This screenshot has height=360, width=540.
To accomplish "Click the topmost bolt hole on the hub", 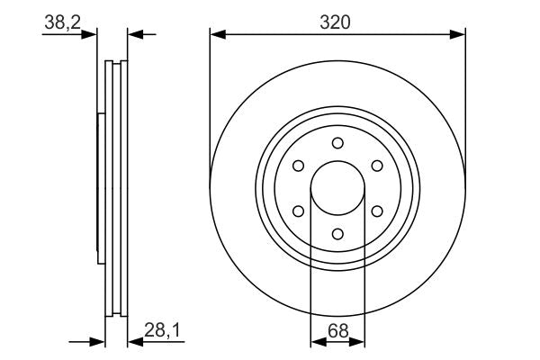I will tap(337, 143).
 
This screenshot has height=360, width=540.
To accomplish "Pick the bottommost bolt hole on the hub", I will tap(337, 234).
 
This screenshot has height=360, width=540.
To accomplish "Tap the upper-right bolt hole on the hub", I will tap(377, 166).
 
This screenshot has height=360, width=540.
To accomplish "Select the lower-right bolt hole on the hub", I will tap(377, 211).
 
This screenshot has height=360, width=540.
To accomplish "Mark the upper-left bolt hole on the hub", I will tap(298, 166).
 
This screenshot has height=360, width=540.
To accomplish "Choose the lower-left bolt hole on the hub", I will tap(298, 211).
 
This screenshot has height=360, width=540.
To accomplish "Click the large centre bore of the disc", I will tap(337, 189).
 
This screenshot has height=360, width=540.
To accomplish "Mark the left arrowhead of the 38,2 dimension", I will tap(90, 34).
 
